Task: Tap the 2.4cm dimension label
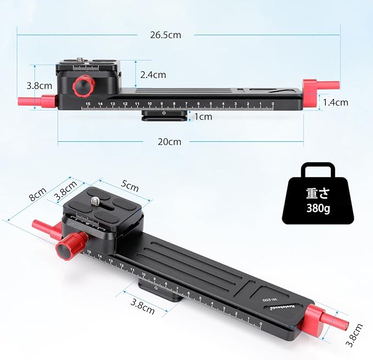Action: point(152,75)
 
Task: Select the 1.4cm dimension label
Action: point(335,102)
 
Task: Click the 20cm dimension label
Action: point(169,142)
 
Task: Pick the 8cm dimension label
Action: point(37,194)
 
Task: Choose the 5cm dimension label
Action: point(130,186)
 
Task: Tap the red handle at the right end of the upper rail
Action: point(311,93)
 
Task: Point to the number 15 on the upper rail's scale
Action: point(88,103)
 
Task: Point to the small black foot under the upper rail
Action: point(163,115)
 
